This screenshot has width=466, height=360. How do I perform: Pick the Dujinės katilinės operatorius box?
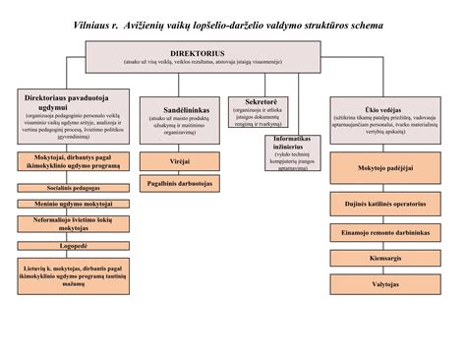point(378,205)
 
